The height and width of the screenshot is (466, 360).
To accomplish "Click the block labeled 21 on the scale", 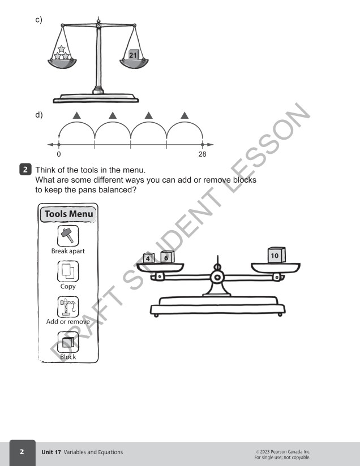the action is (134, 55).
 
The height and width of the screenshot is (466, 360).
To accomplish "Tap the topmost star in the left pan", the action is (61, 49).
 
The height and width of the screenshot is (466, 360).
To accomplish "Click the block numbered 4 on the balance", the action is (148, 258).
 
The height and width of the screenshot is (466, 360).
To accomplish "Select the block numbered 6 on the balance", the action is (167, 257).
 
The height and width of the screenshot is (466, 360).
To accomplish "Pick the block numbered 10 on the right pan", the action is (276, 255).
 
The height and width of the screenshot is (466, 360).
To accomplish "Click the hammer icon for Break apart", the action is (68, 236).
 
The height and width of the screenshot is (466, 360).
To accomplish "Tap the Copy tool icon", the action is (68, 271).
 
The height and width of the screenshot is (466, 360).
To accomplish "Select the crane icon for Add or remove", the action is (68, 307).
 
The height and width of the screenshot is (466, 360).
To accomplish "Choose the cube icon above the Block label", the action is (68, 342).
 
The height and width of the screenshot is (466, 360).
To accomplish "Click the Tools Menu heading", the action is (68, 214).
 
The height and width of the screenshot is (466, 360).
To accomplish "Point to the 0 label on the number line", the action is (59, 154).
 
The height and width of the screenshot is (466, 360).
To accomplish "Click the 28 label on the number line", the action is (202, 154).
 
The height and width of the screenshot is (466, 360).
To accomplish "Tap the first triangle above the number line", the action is (77, 115).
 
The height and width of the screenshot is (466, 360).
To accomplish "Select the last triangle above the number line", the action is (185, 115).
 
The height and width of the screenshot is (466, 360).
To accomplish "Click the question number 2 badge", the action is (25, 170).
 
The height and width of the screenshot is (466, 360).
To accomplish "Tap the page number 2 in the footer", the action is (22, 452).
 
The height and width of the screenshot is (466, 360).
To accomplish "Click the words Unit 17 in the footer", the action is (51, 452).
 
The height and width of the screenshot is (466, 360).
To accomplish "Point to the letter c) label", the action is (38, 20).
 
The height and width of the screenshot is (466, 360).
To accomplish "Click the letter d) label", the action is (39, 115).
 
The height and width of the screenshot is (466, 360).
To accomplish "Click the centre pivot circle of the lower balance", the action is (217, 278).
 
